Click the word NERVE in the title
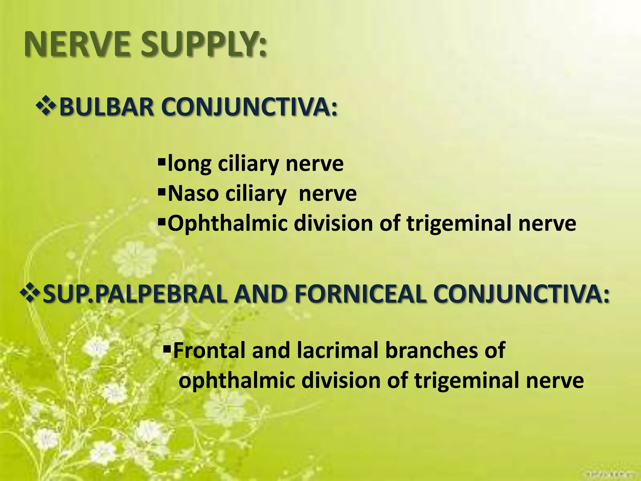point(77,45)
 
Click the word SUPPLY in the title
point(204,45)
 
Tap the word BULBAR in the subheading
point(106,107)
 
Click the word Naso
point(193,194)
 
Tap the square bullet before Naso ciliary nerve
point(162,191)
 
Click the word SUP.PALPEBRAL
point(135,294)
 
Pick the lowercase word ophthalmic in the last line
point(237,380)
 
